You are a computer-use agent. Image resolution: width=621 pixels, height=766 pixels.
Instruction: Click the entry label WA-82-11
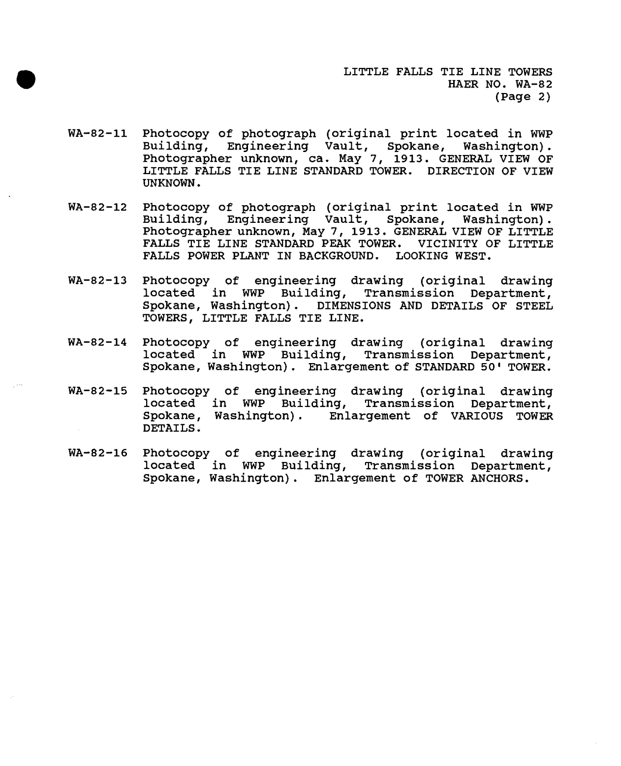click(x=97, y=134)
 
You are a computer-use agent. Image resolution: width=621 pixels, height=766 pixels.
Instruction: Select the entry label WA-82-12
click(x=97, y=208)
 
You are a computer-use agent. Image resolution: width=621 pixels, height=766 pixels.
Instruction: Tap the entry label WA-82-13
click(x=97, y=281)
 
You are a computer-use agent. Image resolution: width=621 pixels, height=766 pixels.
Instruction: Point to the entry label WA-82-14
click(x=97, y=342)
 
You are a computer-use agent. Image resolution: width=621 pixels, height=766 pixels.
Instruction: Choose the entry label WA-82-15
click(x=97, y=392)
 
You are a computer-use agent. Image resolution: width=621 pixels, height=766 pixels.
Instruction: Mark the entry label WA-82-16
click(x=97, y=453)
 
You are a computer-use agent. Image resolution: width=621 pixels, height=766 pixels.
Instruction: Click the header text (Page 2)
click(x=523, y=97)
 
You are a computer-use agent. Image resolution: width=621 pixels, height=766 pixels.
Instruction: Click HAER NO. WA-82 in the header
click(x=500, y=85)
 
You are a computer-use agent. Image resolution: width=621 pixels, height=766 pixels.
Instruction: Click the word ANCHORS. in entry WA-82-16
click(x=501, y=478)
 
